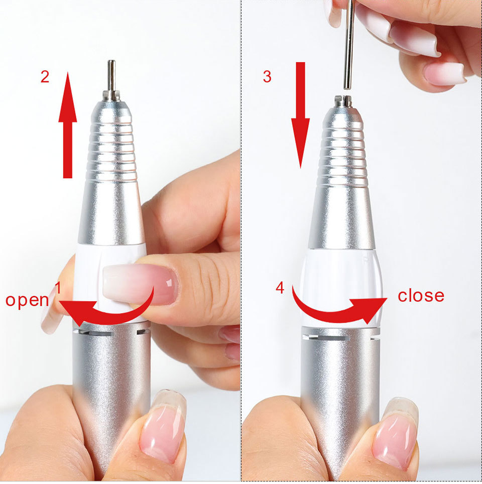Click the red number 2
[45, 78]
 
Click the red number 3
[267, 77]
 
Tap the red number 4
[280, 288]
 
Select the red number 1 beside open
[58, 288]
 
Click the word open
[27, 300]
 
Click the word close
[421, 296]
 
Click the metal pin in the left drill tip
[111, 75]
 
